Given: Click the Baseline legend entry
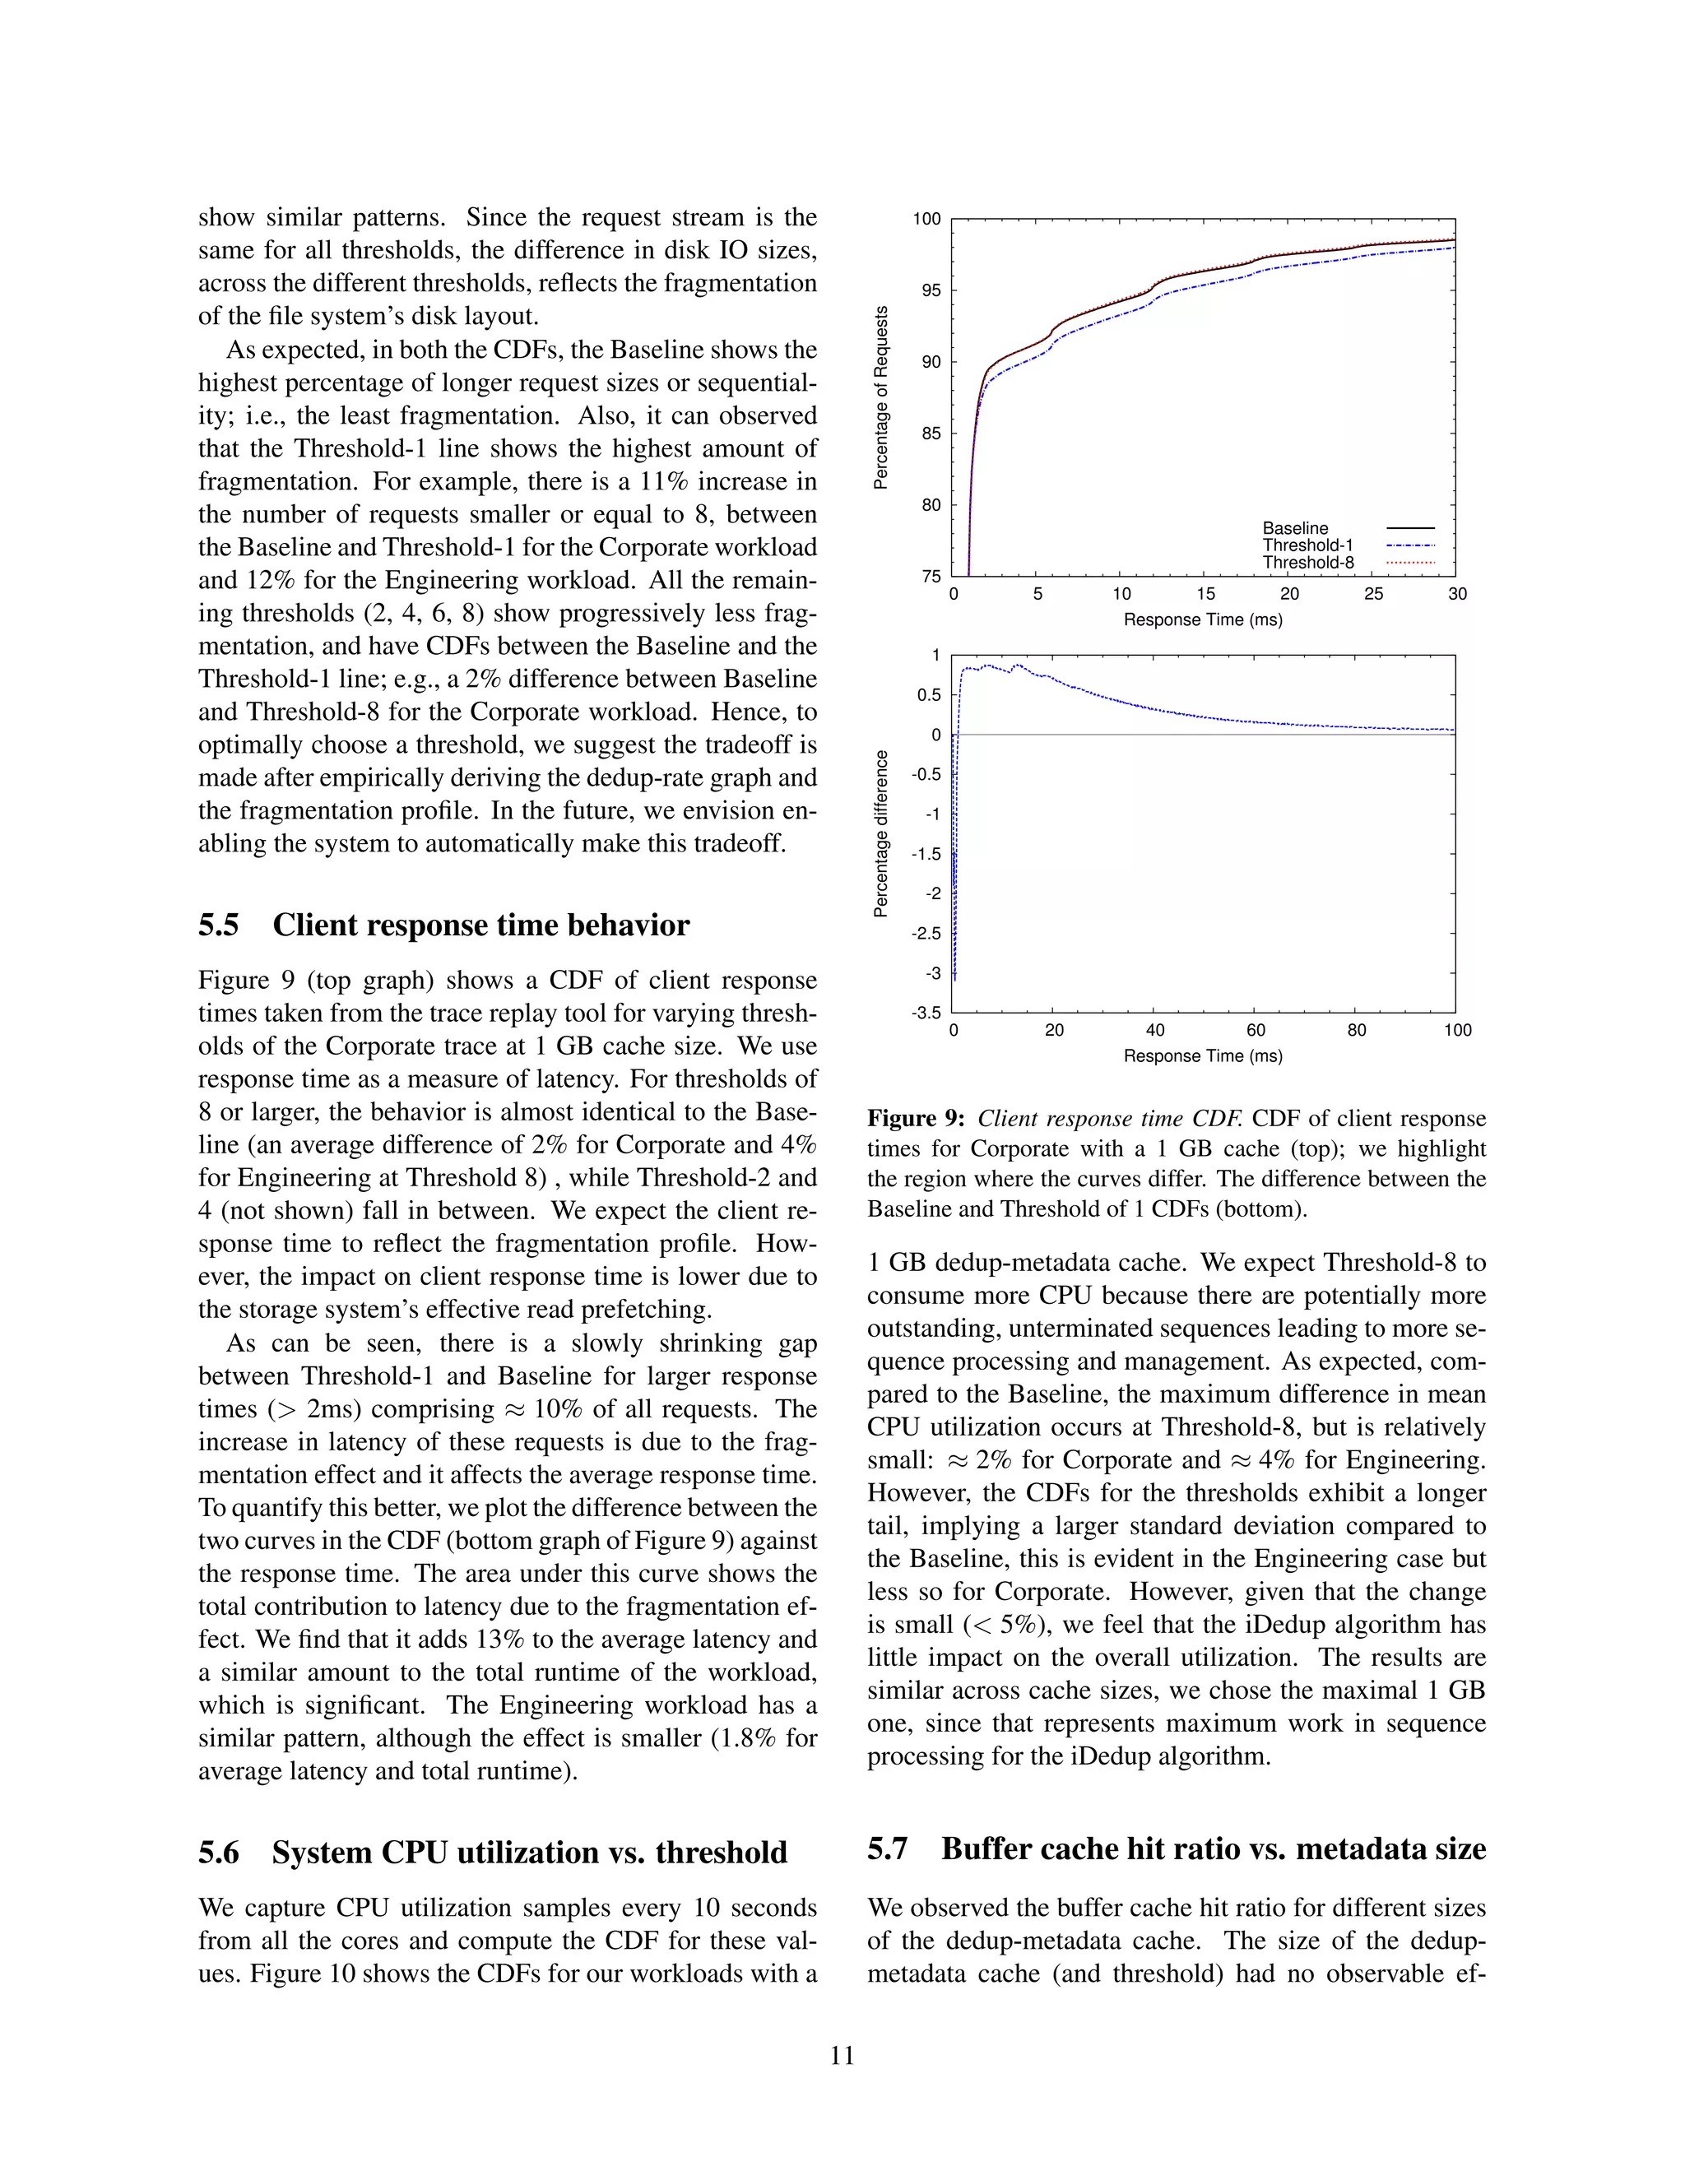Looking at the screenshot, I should (x=1295, y=528).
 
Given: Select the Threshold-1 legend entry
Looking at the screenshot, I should (x=1307, y=545).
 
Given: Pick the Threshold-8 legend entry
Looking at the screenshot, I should (x=1307, y=562).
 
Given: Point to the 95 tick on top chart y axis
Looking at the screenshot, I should (x=930, y=290).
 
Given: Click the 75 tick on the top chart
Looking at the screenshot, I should (x=930, y=576).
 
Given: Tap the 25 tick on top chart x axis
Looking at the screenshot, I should (x=1372, y=595).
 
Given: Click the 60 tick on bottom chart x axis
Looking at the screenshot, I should (x=1256, y=1030).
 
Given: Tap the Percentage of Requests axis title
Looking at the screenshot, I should (x=880, y=397).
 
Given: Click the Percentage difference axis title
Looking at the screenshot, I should (x=880, y=833).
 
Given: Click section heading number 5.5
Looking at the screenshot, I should (x=219, y=925).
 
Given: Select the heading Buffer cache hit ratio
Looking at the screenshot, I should (x=1213, y=1848).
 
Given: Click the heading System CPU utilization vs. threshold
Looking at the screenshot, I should (x=529, y=1853).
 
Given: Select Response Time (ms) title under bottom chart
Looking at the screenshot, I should (x=1203, y=1056).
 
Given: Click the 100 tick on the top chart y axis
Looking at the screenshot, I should (x=926, y=220).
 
